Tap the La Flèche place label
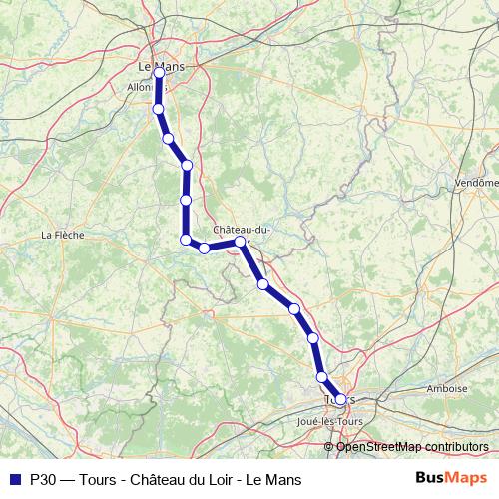pos(62,236)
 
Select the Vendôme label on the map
pos(475,183)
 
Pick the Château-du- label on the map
pos(243,230)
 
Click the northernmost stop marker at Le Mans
pos(159,72)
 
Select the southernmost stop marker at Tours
pos(340,399)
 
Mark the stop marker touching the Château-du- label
pos(241,242)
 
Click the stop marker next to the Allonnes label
pos(159,108)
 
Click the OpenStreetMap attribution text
pos(412,447)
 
